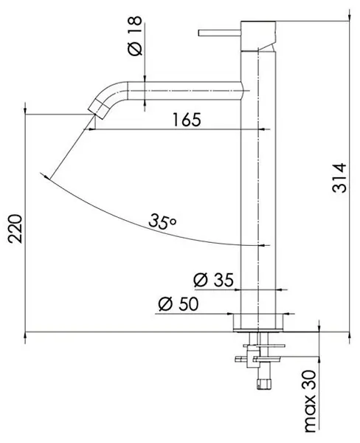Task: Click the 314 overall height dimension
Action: pos(339,177)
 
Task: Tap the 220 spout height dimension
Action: pos(15,229)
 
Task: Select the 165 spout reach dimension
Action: pos(187,120)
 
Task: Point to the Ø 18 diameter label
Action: pos(135,35)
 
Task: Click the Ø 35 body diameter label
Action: pos(214,280)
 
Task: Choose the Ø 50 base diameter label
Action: pos(179,304)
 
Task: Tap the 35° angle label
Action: pos(162,221)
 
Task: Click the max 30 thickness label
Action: pos(310,401)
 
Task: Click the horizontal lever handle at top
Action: pos(219,33)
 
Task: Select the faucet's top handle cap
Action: pos(258,36)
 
